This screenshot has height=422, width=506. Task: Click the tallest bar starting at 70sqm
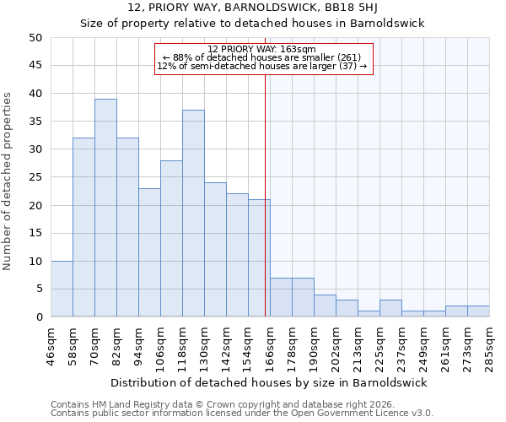pyautogui.click(x=105, y=208)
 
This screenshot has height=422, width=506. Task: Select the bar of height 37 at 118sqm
pyautogui.click(x=193, y=214)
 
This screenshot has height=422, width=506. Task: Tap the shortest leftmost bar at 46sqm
pyautogui.click(x=62, y=289)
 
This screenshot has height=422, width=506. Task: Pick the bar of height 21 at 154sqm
pyautogui.click(x=259, y=258)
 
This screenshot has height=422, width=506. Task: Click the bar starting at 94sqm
pyautogui.click(x=149, y=252)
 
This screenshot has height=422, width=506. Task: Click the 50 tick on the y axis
pyautogui.click(x=35, y=38)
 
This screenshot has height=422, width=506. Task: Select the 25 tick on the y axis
pyautogui.click(x=35, y=177)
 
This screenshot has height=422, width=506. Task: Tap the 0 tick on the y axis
pyautogui.click(x=38, y=317)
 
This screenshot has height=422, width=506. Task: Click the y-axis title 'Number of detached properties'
pyautogui.click(x=8, y=177)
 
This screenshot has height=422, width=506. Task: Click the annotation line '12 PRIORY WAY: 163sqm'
pyautogui.click(x=261, y=49)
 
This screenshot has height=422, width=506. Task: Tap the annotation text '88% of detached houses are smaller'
pyautogui.click(x=261, y=57)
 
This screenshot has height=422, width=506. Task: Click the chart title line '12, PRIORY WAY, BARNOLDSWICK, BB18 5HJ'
pyautogui.click(x=252, y=8)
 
